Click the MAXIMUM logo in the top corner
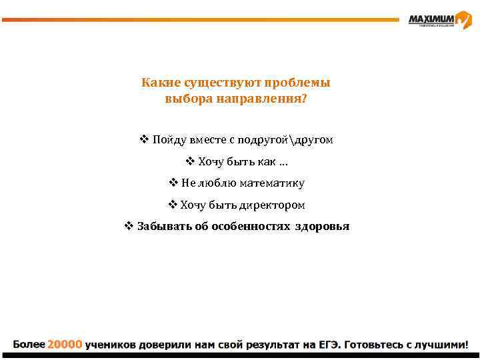coord(439,20)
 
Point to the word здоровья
coord(322,227)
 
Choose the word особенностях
coord(251,227)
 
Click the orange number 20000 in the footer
coord(65,345)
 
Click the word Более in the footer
coord(29,345)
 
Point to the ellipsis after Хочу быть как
coord(283,162)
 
